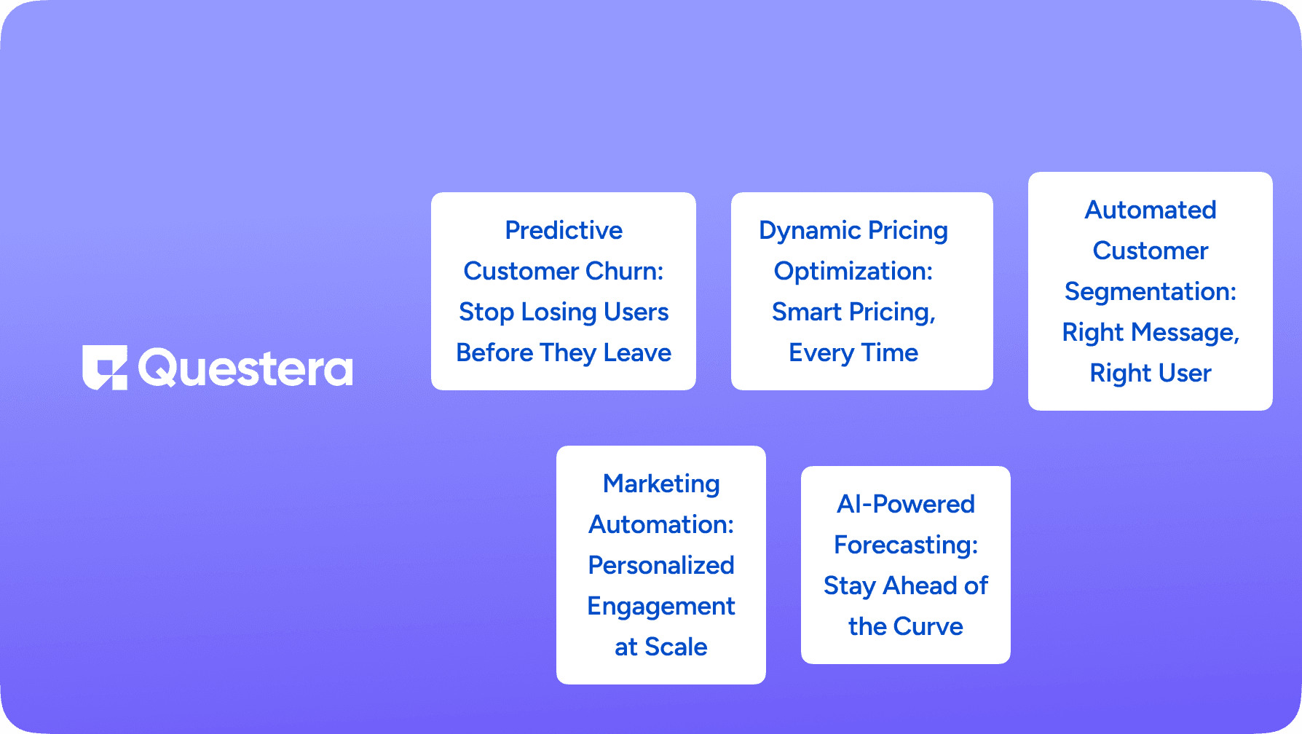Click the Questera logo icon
coord(105,368)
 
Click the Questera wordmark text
coord(245,368)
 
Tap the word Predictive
coord(564,230)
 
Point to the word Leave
coord(637,352)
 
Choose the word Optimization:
coord(853,271)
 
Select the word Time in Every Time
coord(890,352)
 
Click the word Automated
coord(1151,210)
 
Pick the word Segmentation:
coord(1151,291)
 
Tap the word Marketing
coord(661,484)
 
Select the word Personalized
coord(661,565)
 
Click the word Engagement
coord(661,606)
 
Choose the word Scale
coord(676,647)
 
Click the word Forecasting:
coord(906,545)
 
